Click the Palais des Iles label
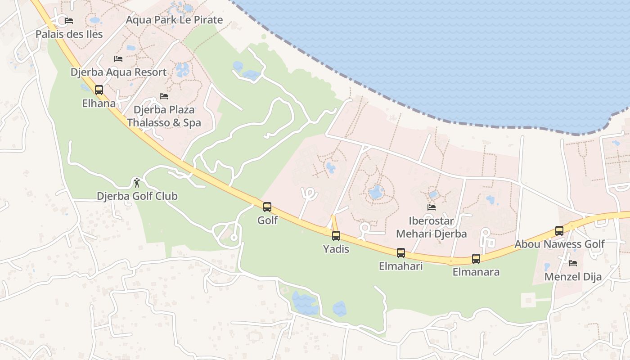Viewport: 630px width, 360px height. point(69,34)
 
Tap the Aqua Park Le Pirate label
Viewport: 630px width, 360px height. point(174,20)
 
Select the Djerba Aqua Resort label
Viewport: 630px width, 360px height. point(118,72)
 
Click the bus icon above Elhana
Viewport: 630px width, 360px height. point(99,90)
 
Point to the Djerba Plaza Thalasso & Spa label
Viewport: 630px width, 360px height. point(164,116)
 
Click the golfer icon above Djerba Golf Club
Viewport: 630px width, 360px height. point(137,182)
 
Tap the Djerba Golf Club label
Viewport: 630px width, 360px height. point(137,196)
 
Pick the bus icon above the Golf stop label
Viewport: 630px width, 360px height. point(267,207)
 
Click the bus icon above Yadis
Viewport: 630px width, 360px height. point(336,235)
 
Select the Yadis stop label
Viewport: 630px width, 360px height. point(336,248)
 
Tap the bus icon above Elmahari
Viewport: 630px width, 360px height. point(401,253)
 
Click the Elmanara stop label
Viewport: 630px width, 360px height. point(476,272)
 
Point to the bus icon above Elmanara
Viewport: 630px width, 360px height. point(476,259)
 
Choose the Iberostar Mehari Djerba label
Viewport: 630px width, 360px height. point(431,227)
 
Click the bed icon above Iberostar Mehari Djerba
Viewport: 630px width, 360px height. point(431,207)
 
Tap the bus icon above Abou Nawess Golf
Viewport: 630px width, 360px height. point(559,231)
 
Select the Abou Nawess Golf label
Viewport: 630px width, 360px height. point(559,244)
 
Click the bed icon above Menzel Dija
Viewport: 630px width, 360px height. point(573,263)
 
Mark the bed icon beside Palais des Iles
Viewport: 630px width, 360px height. point(69,21)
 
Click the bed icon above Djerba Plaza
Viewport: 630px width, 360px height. point(164,96)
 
